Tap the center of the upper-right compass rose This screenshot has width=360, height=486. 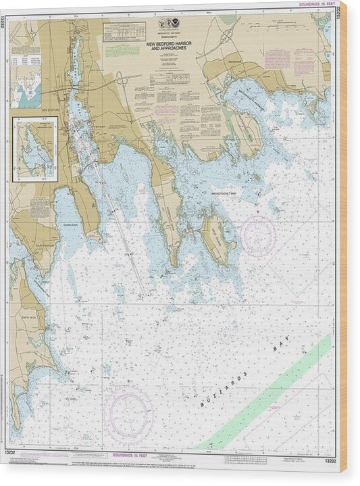coord(258,236)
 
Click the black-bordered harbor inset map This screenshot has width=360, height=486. coord(34,149)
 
